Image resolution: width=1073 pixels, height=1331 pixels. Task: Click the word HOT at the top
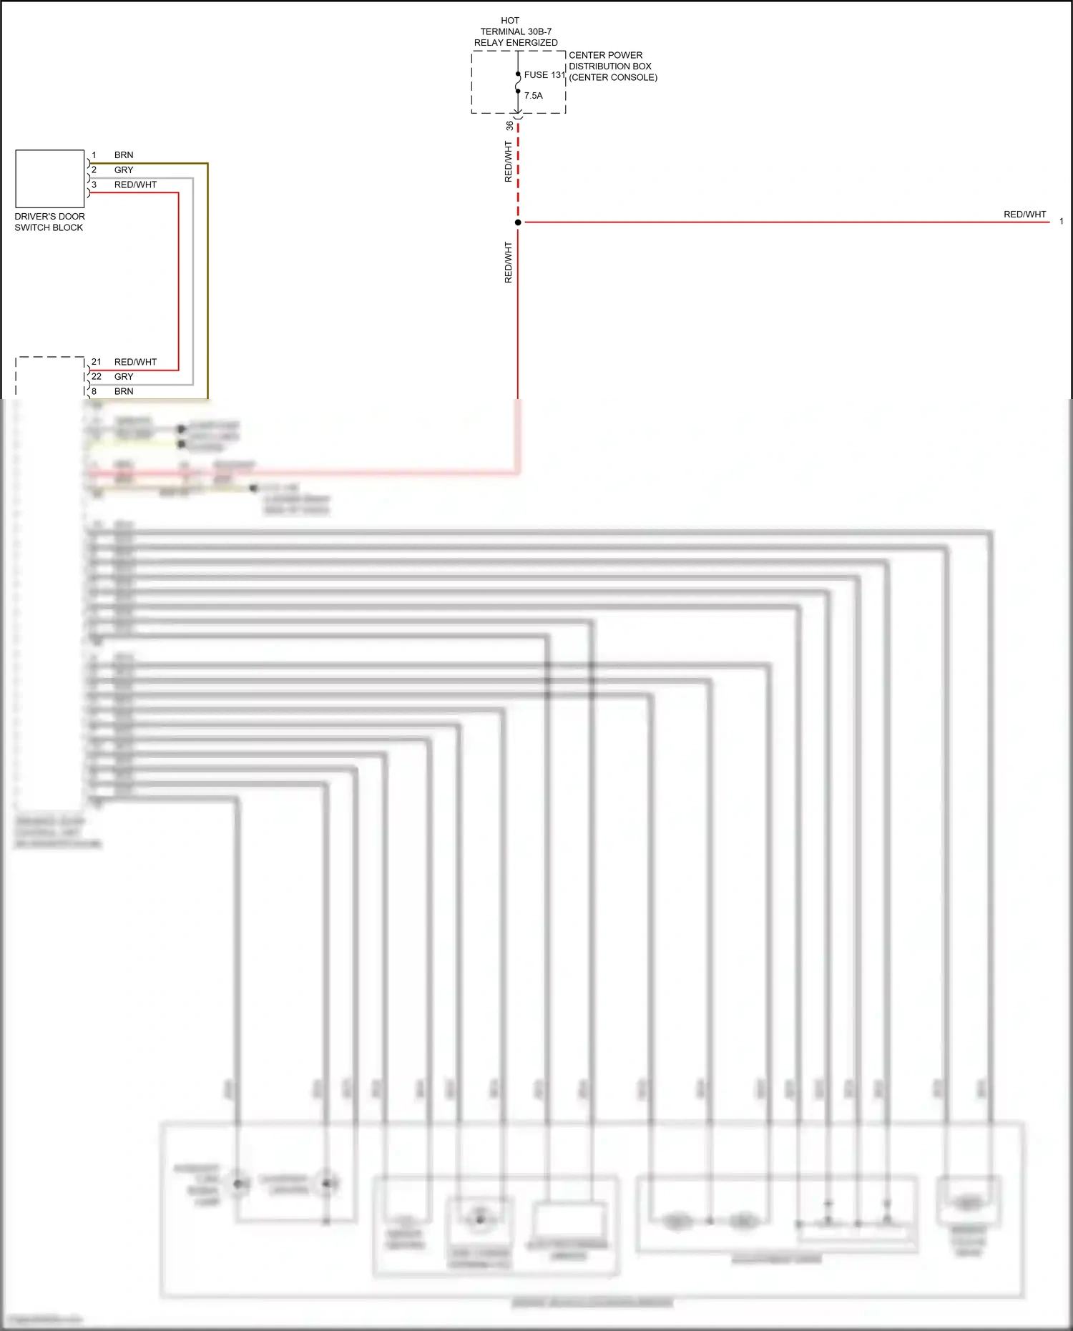510,21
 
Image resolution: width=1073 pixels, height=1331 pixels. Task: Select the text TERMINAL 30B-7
516,31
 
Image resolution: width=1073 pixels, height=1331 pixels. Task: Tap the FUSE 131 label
544,75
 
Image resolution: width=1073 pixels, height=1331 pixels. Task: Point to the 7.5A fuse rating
534,96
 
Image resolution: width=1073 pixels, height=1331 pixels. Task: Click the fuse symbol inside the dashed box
518,83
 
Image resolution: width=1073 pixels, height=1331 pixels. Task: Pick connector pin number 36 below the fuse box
509,126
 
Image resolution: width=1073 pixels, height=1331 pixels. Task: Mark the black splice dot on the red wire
518,222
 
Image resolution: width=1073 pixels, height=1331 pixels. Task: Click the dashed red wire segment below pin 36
518,172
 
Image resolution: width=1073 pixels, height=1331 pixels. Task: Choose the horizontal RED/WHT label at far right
1024,215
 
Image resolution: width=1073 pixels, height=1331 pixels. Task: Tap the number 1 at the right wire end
1062,222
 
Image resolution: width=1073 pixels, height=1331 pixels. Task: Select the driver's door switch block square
50,179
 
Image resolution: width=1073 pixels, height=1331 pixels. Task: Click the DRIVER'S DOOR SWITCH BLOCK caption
49,222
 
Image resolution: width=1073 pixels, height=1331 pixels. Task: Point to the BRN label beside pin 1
124,155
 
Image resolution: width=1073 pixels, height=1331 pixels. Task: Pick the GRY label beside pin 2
124,170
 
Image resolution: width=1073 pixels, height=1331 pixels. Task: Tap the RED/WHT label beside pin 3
135,185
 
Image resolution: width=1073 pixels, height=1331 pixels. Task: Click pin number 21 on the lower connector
97,362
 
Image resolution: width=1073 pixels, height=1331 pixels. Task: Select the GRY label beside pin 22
124,377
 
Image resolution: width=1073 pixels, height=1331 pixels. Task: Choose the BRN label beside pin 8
124,392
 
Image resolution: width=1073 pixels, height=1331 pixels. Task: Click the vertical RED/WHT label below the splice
509,262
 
